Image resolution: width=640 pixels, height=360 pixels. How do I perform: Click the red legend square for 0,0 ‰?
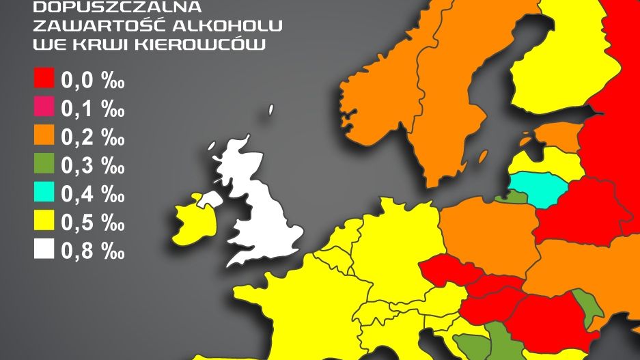point(44,79)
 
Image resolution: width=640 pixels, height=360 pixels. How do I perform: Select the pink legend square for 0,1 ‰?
point(44,107)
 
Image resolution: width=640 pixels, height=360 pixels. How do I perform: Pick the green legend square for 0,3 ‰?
point(44,164)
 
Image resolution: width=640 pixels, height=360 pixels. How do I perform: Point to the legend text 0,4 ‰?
point(93,194)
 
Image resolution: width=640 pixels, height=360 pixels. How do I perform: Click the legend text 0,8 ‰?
point(93,251)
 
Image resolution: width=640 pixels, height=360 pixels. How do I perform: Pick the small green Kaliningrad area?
point(515,197)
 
